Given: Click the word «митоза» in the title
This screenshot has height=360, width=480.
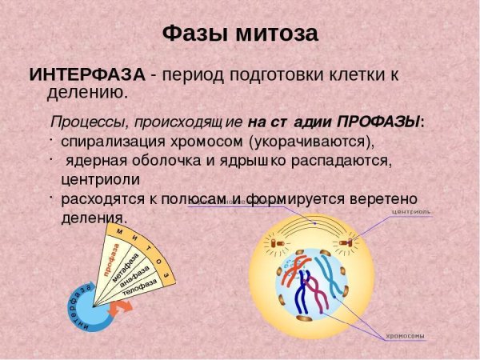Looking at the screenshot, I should tap(275, 34).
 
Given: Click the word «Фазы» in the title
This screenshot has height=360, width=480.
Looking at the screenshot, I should tap(194, 34).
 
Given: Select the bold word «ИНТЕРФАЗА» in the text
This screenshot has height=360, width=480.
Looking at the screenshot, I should tap(87, 75).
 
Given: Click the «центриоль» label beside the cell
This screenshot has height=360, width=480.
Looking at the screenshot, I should tap(411, 212).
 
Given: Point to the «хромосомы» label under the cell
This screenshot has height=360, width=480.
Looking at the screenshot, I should tap(406, 335).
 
